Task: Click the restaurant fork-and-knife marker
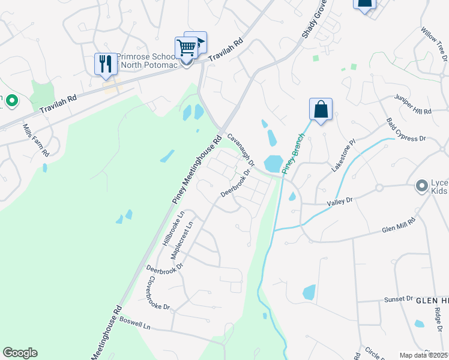coord(106,64)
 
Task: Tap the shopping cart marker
coord(187,47)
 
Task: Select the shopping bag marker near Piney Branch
coord(321,109)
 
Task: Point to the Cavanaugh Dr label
coord(241,151)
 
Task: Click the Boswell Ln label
coord(134,323)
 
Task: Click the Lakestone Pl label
coord(344,155)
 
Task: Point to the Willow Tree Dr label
coord(435,44)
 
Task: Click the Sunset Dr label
coord(399,299)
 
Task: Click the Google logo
coord(20,353)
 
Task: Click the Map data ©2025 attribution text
coord(424,355)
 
